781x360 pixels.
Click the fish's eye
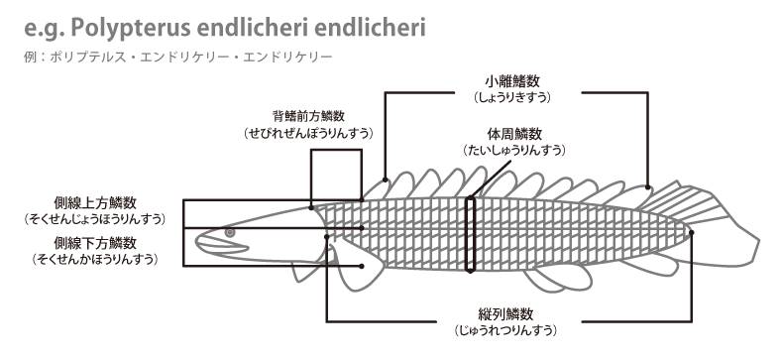coord(230,231)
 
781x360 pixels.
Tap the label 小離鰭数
coord(513,80)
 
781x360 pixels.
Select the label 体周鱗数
coord(513,133)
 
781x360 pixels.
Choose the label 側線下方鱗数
coord(96,242)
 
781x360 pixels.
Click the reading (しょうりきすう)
coord(513,97)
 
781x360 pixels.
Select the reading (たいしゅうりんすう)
coord(513,150)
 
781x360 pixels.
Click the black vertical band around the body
coord(472,234)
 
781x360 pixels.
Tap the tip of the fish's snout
coord(196,239)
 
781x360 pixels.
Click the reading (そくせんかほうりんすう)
coord(96,259)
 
